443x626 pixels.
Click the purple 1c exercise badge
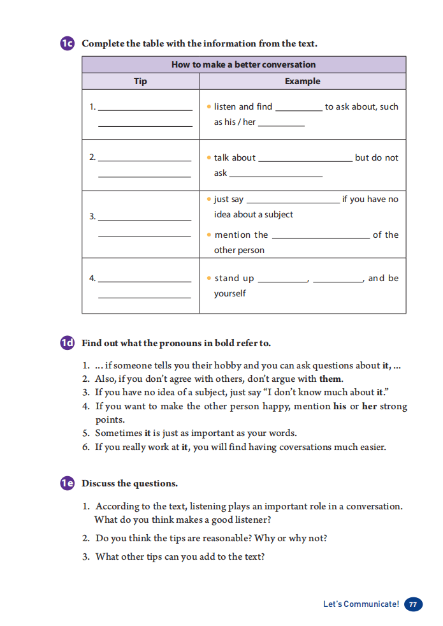click(68, 43)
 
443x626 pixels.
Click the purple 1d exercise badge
click(68, 343)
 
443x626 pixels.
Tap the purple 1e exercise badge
click(68, 483)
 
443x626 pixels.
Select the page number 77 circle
click(413, 604)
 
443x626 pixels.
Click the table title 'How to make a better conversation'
click(243, 64)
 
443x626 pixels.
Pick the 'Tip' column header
click(140, 81)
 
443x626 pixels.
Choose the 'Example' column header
click(302, 81)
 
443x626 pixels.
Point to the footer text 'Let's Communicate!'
click(361, 604)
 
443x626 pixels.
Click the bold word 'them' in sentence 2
click(331, 379)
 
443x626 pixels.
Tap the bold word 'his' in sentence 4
click(340, 406)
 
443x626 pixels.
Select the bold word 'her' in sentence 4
click(370, 406)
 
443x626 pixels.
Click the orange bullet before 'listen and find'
click(209, 106)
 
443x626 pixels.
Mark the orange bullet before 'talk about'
click(209, 157)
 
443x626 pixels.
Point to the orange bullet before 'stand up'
click(209, 278)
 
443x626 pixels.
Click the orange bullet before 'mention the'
click(209, 235)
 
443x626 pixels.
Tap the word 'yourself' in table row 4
click(229, 293)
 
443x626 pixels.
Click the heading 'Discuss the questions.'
click(129, 483)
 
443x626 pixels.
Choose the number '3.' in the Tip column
click(92, 217)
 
